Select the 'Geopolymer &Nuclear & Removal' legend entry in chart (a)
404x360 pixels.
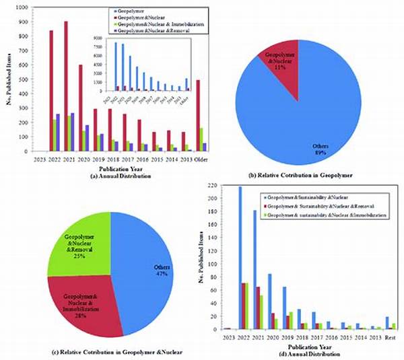point(152,32)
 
